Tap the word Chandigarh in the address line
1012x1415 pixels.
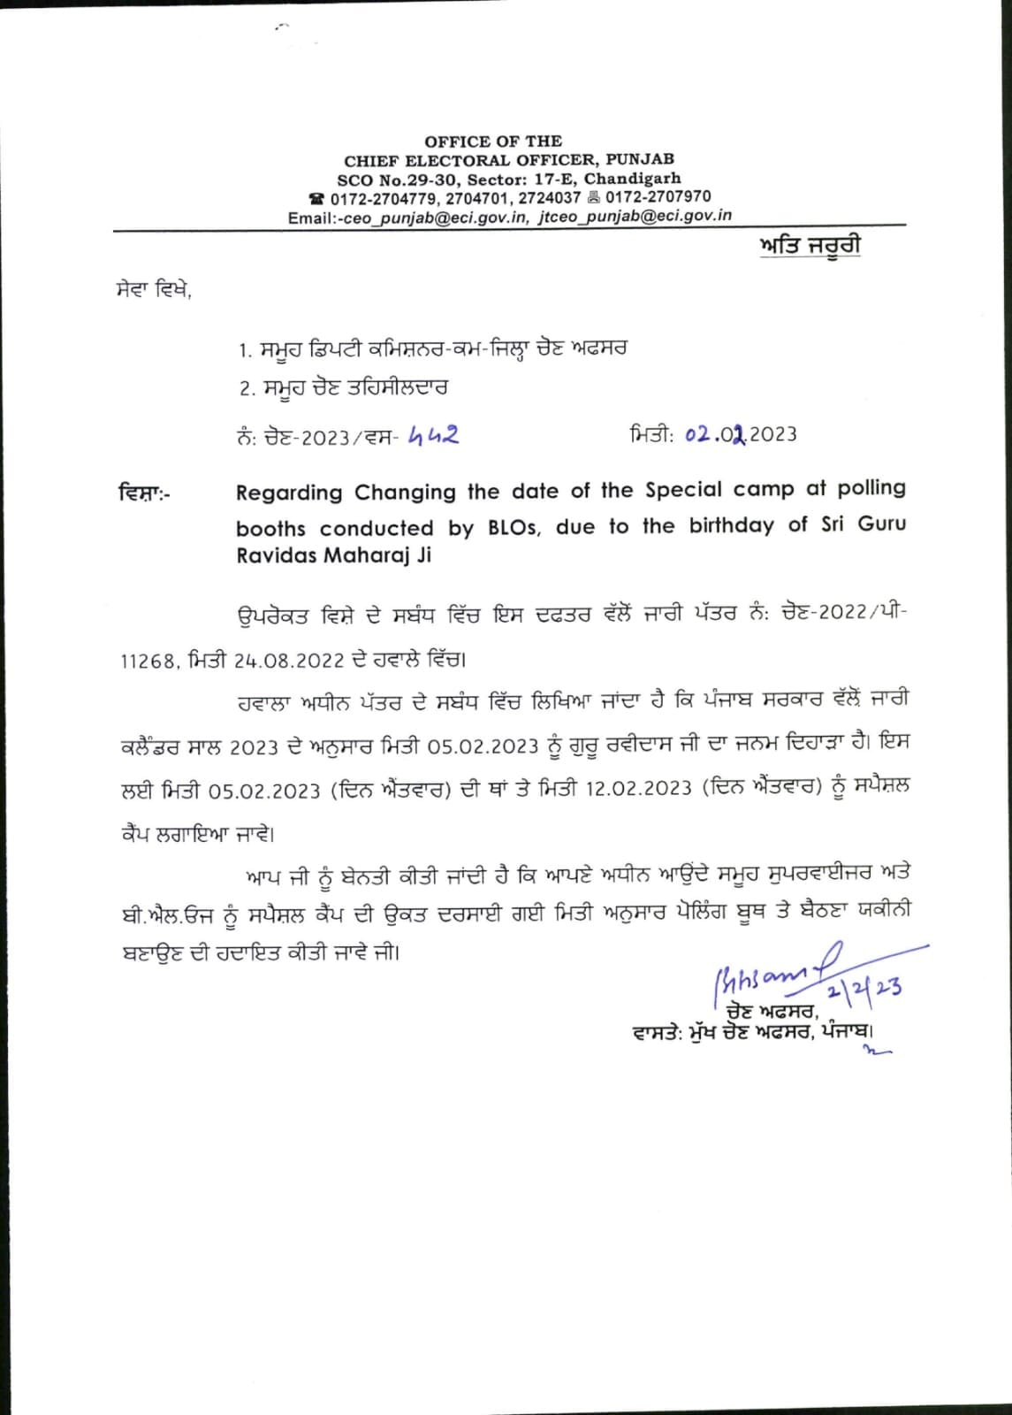click(x=633, y=179)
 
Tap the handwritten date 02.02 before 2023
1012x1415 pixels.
click(x=716, y=434)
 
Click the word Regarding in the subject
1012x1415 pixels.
click(x=289, y=493)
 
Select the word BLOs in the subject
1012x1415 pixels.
click(x=514, y=528)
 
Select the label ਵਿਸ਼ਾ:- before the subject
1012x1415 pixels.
click(x=145, y=493)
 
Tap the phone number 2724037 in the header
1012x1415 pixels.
click(x=550, y=197)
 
